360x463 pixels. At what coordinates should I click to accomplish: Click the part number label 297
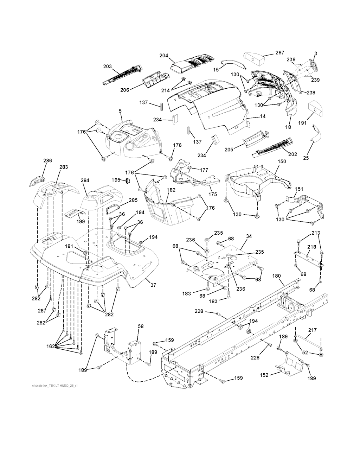(280, 53)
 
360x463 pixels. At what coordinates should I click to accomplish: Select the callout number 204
(164, 56)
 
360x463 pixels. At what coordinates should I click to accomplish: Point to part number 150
(282, 161)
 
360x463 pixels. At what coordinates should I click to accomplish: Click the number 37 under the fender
(153, 285)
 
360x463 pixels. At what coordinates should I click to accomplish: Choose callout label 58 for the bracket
(141, 326)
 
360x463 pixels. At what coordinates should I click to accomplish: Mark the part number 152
(264, 375)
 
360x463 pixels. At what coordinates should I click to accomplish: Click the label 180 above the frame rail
(277, 276)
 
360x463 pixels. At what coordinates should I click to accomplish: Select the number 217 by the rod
(312, 330)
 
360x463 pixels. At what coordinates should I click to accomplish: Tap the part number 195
(116, 180)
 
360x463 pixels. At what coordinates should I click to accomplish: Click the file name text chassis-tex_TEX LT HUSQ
(54, 386)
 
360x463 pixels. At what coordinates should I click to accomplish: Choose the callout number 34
(249, 236)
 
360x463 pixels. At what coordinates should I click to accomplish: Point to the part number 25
(306, 158)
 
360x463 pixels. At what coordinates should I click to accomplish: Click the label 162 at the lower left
(50, 347)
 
